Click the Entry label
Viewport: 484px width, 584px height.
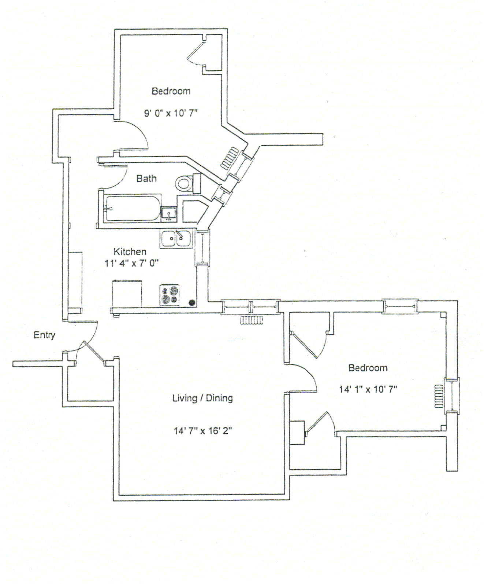(x=44, y=335)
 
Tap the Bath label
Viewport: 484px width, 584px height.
(x=146, y=179)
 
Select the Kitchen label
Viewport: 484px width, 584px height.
(x=130, y=252)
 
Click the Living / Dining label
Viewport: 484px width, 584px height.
(x=202, y=398)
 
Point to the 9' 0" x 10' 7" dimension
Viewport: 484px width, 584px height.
(x=171, y=113)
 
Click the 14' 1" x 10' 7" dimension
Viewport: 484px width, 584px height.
(x=368, y=389)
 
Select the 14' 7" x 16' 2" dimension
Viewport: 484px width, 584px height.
(x=203, y=431)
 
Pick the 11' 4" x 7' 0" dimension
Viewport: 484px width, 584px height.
(x=131, y=264)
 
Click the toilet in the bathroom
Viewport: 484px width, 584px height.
(x=188, y=183)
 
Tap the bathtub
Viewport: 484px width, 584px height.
(x=133, y=209)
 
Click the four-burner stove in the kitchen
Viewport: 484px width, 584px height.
(x=170, y=295)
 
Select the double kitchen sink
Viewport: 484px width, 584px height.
(x=176, y=239)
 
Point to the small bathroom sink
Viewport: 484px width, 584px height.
(x=169, y=214)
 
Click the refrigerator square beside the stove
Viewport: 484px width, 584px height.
(x=127, y=294)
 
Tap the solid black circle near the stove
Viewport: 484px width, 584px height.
(x=192, y=302)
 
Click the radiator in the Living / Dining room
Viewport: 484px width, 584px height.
(x=252, y=320)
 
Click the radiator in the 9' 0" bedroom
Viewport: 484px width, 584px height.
(x=230, y=158)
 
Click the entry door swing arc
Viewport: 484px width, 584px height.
(x=83, y=337)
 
